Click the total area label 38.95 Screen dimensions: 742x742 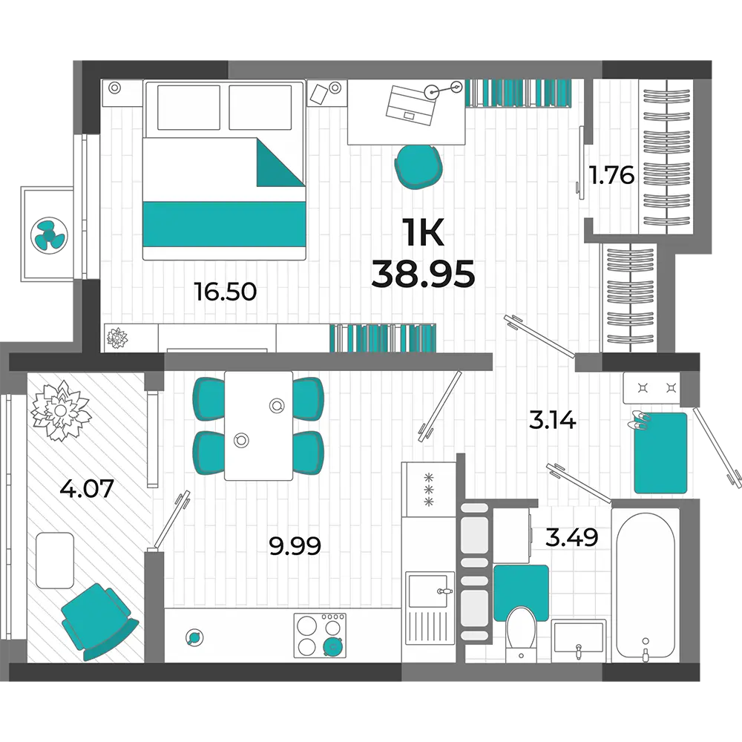[423, 275]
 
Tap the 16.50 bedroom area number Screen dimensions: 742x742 [226, 292]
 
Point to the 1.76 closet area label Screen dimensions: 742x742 [611, 175]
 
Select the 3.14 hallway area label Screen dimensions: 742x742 [552, 420]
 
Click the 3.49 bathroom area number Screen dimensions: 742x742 [571, 537]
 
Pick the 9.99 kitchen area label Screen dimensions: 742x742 [295, 546]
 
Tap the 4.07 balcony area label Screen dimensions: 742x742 [87, 488]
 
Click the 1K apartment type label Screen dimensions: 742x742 [423, 233]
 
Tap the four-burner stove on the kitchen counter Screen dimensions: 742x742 [320, 635]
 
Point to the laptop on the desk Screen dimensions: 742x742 [411, 105]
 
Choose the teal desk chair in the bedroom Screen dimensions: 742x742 [418, 166]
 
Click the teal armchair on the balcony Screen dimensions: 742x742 [99, 621]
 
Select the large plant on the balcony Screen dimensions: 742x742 [60, 411]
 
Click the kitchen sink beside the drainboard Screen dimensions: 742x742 [427, 590]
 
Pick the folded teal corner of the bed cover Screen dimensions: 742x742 [280, 162]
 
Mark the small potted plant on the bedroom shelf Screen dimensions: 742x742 [117, 338]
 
